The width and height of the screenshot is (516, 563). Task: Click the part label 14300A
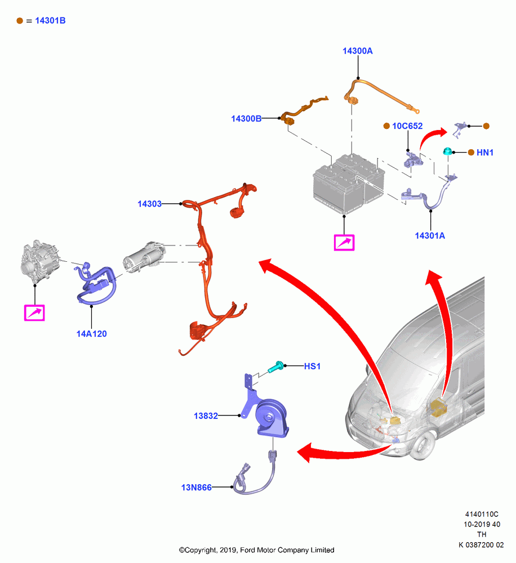(x=357, y=51)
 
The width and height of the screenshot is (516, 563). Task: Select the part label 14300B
(x=246, y=118)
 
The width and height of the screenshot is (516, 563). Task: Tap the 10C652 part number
(x=407, y=126)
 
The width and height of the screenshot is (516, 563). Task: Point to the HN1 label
(x=485, y=153)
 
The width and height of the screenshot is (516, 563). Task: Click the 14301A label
(x=430, y=235)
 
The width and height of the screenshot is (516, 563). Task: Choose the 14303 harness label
(x=149, y=204)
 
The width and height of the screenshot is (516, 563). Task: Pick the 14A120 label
(x=91, y=334)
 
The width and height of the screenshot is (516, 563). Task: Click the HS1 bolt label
(x=312, y=367)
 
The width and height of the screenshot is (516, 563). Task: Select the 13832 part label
(x=206, y=416)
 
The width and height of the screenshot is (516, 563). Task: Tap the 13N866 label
(x=196, y=487)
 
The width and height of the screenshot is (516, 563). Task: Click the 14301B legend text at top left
(x=50, y=21)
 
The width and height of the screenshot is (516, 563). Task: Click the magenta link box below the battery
(x=344, y=242)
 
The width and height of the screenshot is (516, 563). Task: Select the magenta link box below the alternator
(x=34, y=312)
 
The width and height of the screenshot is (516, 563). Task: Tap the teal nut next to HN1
(x=447, y=151)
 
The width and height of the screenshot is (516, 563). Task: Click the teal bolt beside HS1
(x=276, y=367)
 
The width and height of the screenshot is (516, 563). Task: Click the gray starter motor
(x=144, y=256)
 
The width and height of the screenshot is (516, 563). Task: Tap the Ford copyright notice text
(x=256, y=550)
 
